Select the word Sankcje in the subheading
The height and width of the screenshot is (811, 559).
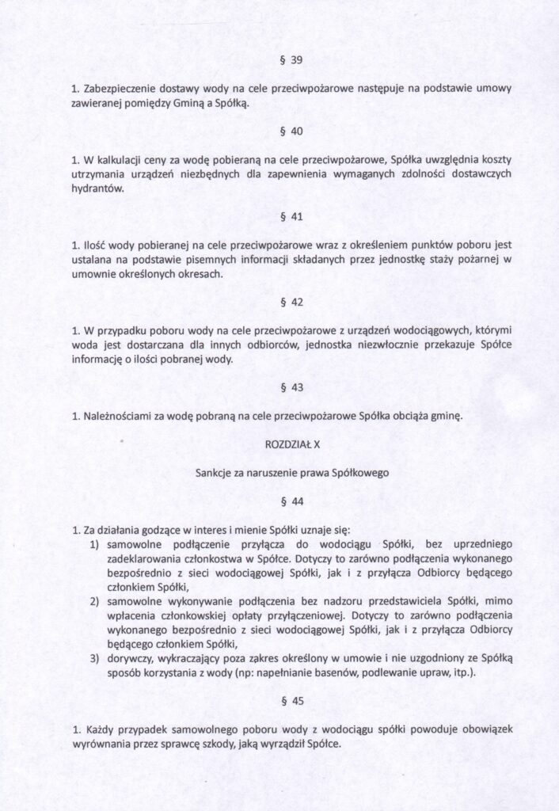216,473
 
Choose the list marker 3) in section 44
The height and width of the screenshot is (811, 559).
93,658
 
